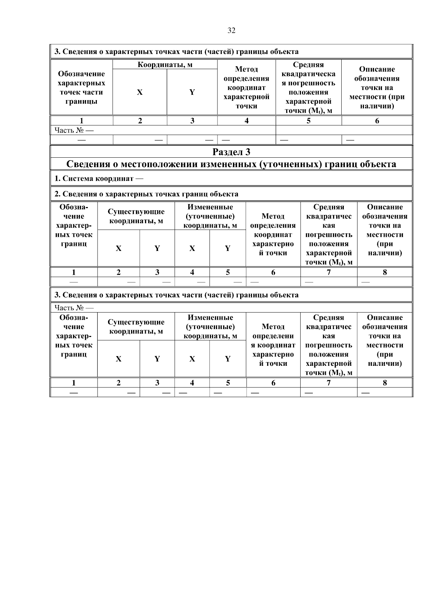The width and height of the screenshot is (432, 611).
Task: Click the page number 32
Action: tap(231, 31)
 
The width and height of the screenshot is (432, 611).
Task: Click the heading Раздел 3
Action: tap(231, 152)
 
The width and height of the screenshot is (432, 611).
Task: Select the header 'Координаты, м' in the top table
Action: tap(165, 65)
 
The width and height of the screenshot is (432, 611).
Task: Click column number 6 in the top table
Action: tap(377, 121)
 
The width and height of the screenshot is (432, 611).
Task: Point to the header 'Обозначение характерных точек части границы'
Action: tap(81, 87)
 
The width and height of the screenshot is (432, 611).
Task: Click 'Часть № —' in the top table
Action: tap(74, 130)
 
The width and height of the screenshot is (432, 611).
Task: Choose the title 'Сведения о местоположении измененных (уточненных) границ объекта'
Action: tap(231, 165)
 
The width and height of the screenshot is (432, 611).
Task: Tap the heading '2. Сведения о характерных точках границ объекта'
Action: tap(146, 194)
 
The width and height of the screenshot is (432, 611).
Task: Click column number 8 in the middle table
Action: tap(385, 273)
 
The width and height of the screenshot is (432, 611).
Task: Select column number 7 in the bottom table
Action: tap(329, 383)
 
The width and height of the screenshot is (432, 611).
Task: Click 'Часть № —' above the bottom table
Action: tap(74, 308)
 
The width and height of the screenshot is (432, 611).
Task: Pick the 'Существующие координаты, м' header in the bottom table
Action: tap(136, 327)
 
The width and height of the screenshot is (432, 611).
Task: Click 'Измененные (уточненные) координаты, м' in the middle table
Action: tap(210, 216)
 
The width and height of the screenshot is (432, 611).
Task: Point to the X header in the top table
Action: tap(140, 92)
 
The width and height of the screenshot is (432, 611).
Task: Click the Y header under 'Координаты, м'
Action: tap(192, 92)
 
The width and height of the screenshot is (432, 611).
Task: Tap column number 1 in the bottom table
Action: tap(74, 383)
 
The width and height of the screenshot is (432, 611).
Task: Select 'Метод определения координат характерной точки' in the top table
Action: tap(247, 87)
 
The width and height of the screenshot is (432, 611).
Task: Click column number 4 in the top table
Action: tap(247, 121)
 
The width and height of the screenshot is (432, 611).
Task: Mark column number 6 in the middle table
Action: tap(273, 273)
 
